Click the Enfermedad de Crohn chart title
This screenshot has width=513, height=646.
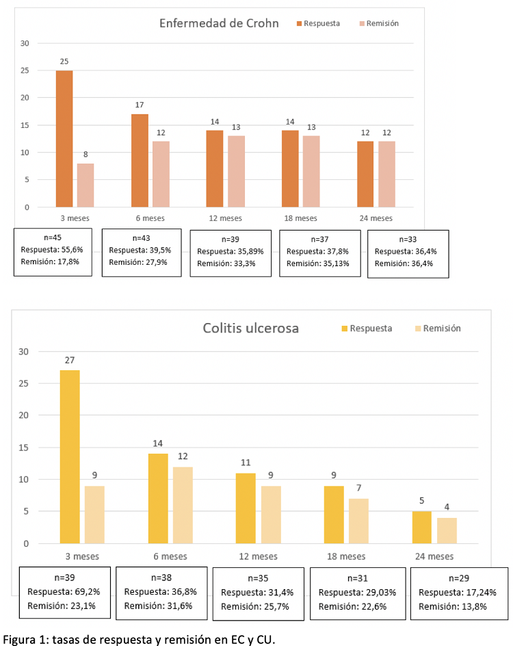(219, 23)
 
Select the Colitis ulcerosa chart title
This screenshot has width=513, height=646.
(250, 328)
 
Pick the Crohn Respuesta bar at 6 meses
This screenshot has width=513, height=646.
(140, 160)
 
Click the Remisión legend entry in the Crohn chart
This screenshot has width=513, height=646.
(378, 23)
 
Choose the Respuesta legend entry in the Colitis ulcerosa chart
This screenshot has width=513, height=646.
(366, 328)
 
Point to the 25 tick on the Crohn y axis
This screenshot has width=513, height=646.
(25, 70)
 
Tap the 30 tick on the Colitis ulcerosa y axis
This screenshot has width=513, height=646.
(24, 352)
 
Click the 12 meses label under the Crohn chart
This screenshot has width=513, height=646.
(226, 219)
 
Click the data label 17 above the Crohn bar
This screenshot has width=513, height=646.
(139, 105)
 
